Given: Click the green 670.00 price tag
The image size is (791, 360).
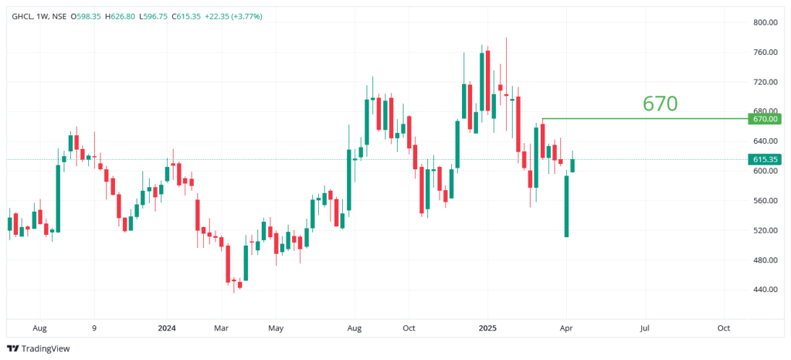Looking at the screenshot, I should (765, 119).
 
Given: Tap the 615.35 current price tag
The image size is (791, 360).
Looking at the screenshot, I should (765, 160).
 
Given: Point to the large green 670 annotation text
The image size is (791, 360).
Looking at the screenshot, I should (660, 104).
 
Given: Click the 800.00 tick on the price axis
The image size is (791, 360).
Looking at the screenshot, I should (765, 22).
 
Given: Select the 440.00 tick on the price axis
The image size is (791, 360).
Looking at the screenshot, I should (765, 290).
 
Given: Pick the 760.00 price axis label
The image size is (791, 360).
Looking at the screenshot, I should (765, 53).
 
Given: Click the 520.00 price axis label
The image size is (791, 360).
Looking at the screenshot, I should (765, 230).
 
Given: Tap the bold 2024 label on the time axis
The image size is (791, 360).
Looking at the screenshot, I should (166, 328).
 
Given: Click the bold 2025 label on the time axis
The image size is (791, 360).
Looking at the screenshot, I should (487, 328).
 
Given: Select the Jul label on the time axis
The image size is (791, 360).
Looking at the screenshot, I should (644, 328).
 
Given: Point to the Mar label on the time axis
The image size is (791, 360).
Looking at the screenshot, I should (221, 328).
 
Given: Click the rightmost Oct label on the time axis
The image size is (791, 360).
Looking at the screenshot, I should (724, 328).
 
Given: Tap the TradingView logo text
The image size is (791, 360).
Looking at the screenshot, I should (45, 348).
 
